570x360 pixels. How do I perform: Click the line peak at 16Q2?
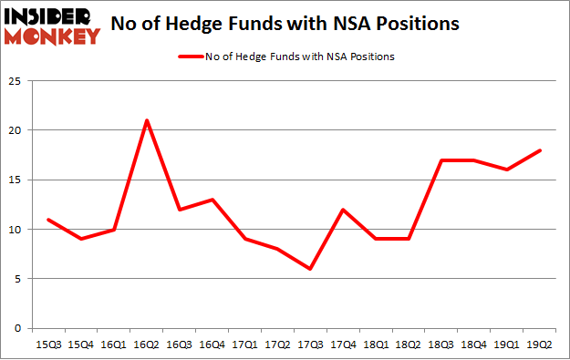pyautogui.click(x=147, y=120)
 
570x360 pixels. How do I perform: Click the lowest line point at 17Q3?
pyautogui.click(x=310, y=269)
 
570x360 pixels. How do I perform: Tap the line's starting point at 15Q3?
pyautogui.click(x=48, y=220)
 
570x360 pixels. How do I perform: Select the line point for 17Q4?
pyautogui.click(x=343, y=210)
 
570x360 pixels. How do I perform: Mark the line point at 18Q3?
pyautogui.click(x=441, y=160)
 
